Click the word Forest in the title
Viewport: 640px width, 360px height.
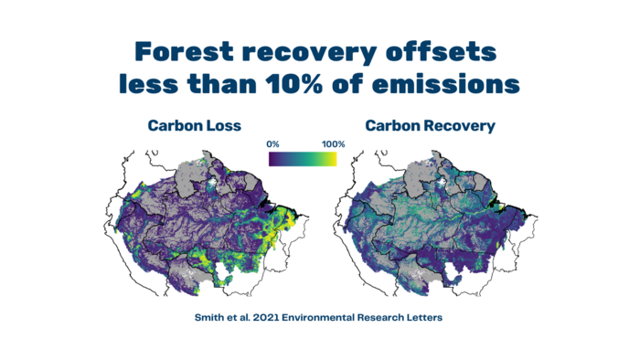pos(184,52)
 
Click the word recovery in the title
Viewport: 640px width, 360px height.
pos(309,54)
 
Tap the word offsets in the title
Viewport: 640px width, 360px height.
pos(441,52)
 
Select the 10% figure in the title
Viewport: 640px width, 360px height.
pos(293,84)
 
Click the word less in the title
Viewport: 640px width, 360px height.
pos(148,84)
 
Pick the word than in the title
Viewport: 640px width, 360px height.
pos(221,84)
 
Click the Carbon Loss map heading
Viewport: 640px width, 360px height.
pos(194,125)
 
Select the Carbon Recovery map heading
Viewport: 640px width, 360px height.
pos(431,126)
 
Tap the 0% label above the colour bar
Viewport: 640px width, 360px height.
pos(272,144)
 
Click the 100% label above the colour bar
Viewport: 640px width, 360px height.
pos(333,144)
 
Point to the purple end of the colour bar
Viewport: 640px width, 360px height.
pos(272,159)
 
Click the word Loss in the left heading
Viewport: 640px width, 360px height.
pos(224,125)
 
